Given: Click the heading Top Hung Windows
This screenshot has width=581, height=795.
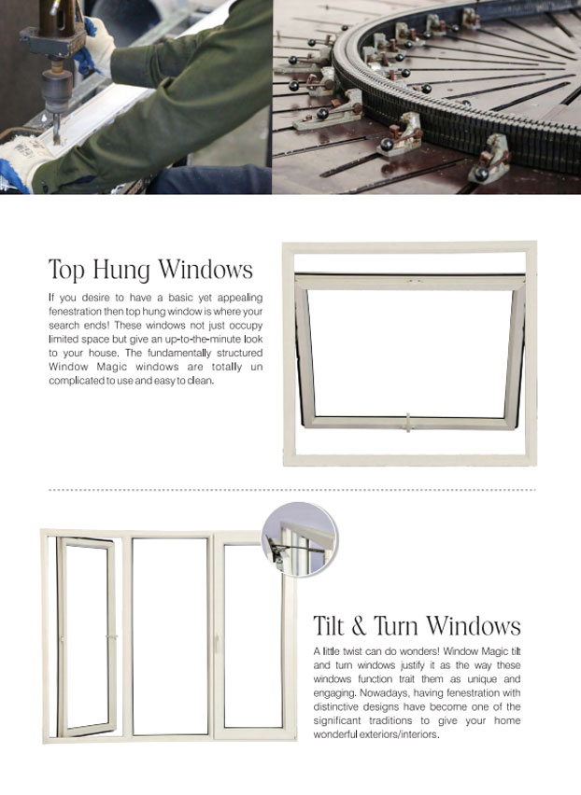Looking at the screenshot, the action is (150, 270).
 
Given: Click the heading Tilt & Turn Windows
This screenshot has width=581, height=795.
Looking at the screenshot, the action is (417, 625).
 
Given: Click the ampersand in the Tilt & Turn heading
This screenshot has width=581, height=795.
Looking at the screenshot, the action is (359, 625).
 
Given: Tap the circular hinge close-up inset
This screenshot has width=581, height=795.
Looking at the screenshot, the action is (299, 539).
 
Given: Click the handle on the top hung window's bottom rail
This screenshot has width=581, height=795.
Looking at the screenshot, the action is (408, 423).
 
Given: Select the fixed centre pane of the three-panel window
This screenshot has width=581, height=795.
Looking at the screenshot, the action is (170, 635).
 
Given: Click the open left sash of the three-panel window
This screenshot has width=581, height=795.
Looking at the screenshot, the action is (86, 636).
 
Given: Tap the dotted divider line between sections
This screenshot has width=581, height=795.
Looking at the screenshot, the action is (292, 490).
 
